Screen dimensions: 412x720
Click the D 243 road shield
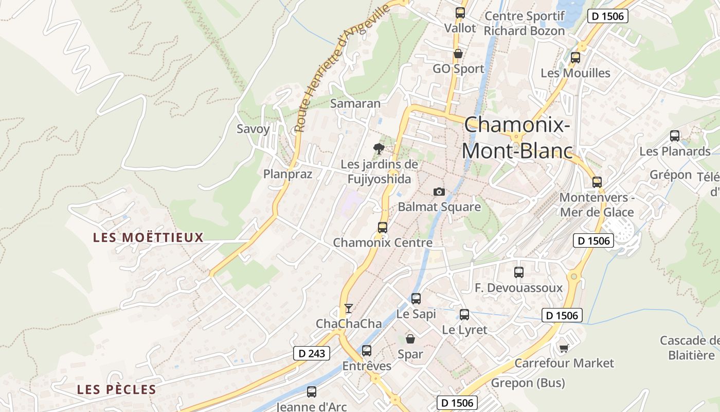(311, 353)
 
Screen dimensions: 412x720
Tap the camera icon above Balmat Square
(439, 192)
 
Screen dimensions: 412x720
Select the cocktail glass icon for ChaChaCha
(349, 308)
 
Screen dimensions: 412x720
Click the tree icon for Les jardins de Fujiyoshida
(379, 149)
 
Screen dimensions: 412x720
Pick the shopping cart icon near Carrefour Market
(564, 348)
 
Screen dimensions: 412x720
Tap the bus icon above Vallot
(460, 13)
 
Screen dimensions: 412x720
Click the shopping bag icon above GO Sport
(458, 54)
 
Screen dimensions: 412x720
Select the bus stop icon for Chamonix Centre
(382, 227)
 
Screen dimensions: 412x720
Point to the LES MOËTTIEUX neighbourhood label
(148, 237)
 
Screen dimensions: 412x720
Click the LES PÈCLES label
(116, 389)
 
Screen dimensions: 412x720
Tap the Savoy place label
(253, 129)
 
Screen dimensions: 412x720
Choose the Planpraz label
(287, 174)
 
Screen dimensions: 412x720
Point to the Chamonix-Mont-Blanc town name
(517, 138)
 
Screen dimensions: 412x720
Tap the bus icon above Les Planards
(674, 136)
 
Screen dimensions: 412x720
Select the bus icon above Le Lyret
(464, 314)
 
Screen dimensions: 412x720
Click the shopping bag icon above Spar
(410, 339)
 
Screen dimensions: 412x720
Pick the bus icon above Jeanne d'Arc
(311, 391)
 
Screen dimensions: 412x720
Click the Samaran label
(355, 103)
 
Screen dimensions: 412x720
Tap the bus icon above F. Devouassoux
(518, 272)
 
